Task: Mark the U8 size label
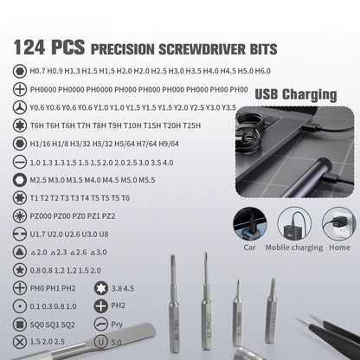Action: tap(104, 234)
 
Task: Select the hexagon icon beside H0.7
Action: tap(18, 72)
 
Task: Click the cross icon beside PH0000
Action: tap(18, 89)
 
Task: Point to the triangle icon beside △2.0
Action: tap(18, 251)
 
